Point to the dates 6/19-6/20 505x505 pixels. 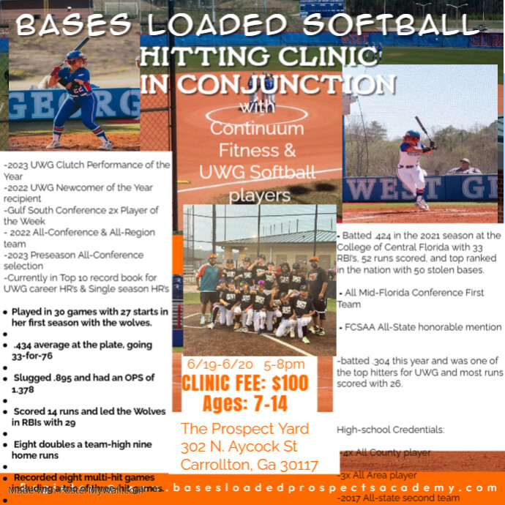pos(218,364)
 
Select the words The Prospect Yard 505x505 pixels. pos(244,428)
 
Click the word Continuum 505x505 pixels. pos(256,129)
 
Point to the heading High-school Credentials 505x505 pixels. pos(390,429)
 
